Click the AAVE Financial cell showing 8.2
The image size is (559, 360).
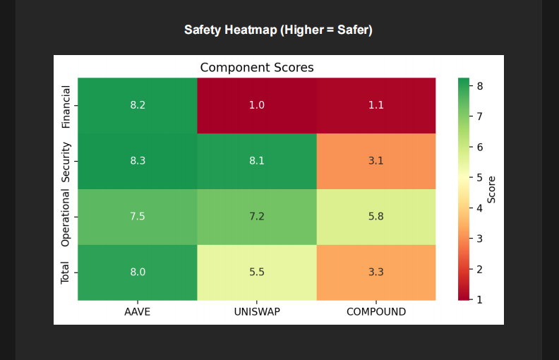coord(138,105)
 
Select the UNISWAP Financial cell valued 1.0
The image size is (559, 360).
coord(257,105)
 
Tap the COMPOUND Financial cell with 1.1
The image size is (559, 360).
coord(376,105)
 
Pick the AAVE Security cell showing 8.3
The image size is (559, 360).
coord(138,161)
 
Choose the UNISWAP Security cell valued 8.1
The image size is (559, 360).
coord(257,161)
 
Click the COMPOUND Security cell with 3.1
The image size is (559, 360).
coord(376,161)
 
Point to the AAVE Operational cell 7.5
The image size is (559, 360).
coord(138,217)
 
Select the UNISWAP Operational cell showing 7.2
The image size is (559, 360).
coord(257,217)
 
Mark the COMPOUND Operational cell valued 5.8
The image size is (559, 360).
coord(376,217)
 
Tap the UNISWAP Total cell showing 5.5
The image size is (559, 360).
coord(257,272)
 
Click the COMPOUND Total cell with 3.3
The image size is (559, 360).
coord(376,272)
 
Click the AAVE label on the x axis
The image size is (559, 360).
coord(138,311)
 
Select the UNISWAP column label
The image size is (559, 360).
coord(257,311)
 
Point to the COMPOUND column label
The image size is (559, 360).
coord(376,311)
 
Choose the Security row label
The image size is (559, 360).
coord(66,162)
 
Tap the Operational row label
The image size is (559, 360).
coord(66,217)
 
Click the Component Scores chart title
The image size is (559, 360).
coord(257,68)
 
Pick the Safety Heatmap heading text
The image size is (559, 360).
coord(278,30)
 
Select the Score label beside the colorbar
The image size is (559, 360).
coord(492,189)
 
